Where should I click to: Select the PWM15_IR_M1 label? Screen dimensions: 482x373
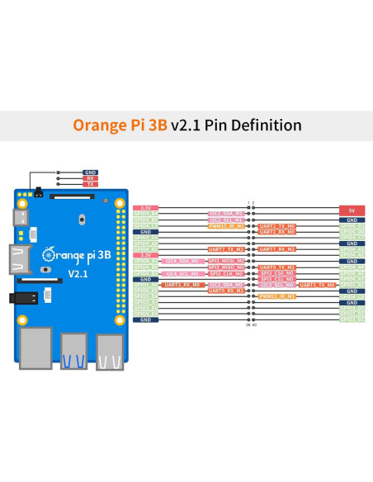[x=227, y=225]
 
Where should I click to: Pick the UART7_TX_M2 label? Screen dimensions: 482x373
[x=227, y=249]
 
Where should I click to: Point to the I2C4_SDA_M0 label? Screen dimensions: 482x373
[x=181, y=261]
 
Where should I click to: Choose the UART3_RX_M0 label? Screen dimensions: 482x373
[x=181, y=285]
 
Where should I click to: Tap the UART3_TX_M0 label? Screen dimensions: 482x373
[x=318, y=285]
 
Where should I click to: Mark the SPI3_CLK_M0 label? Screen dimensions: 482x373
[x=227, y=273]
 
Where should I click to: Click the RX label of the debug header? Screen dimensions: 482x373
[x=90, y=178]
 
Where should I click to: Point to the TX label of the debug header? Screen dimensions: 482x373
[x=90, y=184]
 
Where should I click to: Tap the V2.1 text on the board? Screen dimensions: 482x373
[x=77, y=273]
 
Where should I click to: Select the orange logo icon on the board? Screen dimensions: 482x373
[x=50, y=253]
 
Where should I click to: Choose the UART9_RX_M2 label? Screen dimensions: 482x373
[x=227, y=291]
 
